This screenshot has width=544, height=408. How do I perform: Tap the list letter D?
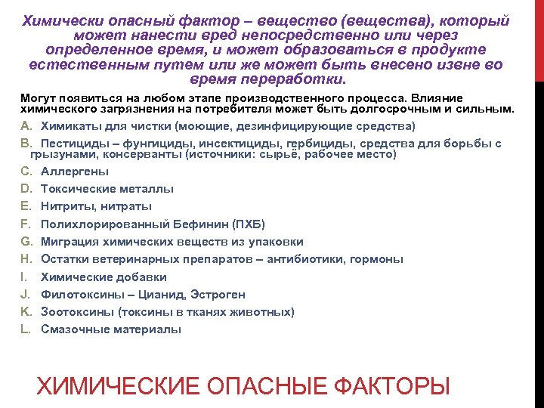tap(25, 189)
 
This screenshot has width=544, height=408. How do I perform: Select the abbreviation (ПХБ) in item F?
tap(249, 224)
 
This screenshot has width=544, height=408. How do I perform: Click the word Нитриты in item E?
tap(68, 206)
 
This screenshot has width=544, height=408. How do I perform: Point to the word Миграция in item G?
tap(69, 242)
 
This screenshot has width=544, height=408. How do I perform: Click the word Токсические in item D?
tap(79, 189)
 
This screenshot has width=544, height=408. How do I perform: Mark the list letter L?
tap(24, 329)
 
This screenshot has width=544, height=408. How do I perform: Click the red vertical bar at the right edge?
tap(539, 38)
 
